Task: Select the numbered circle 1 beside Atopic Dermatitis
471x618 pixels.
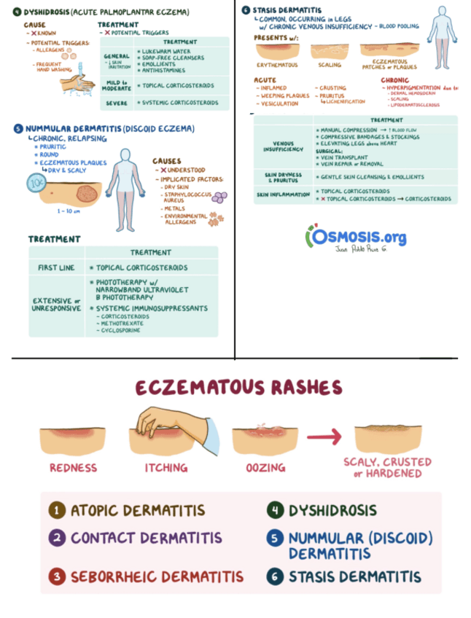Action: pos(57,510)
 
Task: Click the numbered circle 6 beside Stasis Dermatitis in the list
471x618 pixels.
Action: pos(275,576)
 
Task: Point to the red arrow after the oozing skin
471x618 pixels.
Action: pos(323,437)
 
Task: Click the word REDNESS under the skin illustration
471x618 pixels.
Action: pos(73,467)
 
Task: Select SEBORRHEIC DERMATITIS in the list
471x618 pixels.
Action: pos(157,577)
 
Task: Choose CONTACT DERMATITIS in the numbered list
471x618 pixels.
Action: pos(146,539)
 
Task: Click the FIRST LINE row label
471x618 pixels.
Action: pos(56,267)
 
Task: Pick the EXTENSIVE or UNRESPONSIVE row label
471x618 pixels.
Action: pos(56,305)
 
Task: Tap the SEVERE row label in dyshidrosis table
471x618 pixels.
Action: pos(117,103)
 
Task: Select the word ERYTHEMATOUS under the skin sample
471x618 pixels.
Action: pos(278,65)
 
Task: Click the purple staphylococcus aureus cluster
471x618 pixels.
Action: pos(218,197)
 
